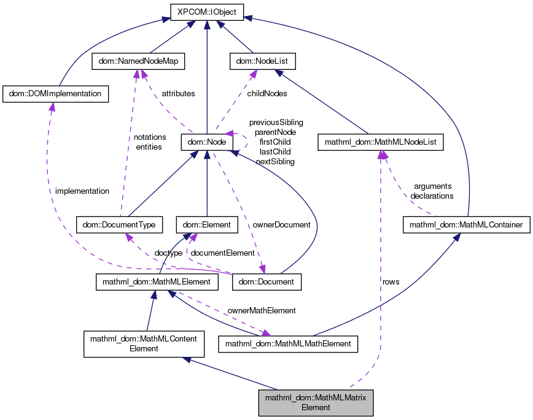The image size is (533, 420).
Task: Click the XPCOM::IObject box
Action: tap(207, 12)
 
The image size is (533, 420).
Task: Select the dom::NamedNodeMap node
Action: tap(138, 61)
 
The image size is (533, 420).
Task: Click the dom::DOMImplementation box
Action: tap(56, 94)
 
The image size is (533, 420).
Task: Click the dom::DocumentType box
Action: tap(119, 225)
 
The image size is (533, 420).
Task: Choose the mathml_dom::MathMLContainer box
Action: tap(466, 225)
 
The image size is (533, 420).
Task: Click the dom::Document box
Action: tap(267, 282)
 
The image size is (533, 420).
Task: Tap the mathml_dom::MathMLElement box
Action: tap(158, 282)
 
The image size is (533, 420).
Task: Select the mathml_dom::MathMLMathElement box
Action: tap(288, 343)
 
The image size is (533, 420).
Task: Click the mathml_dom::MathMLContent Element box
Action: tap(144, 343)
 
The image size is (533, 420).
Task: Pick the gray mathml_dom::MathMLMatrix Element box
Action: tap(316, 402)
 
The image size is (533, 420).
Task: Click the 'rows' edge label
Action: tap(391, 281)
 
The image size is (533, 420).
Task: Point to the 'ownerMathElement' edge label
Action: tap(262, 310)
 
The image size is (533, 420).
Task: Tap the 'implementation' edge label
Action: tap(82, 191)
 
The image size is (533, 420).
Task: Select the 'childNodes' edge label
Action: tap(266, 94)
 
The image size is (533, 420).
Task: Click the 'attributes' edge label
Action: tap(178, 94)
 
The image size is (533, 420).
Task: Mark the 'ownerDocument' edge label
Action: tap(282, 224)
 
